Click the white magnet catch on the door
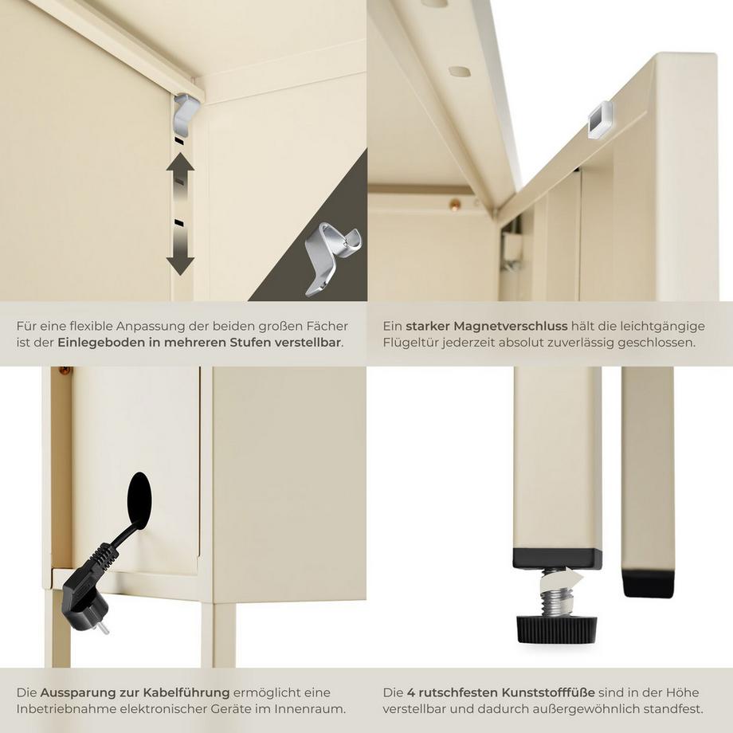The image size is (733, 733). pyautogui.click(x=600, y=119)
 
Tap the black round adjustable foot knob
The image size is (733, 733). pyautogui.click(x=556, y=629)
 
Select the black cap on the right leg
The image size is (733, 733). pyautogui.click(x=648, y=582)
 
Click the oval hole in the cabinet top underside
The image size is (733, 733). pyautogui.click(x=459, y=72)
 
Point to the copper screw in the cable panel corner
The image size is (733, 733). pyautogui.click(x=64, y=370)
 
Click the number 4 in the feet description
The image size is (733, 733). pyautogui.click(x=410, y=692)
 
